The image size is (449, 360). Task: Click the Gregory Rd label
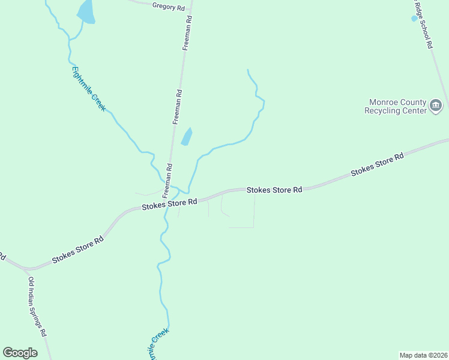click(x=169, y=6)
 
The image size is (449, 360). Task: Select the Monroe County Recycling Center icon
click(x=436, y=107)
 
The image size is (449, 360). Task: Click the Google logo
click(x=20, y=353)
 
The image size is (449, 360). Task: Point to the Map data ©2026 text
click(x=423, y=355)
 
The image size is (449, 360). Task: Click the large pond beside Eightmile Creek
click(x=86, y=12)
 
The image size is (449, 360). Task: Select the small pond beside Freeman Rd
click(x=187, y=137)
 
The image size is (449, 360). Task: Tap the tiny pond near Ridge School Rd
click(x=414, y=19)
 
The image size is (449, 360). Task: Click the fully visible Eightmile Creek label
click(x=89, y=88)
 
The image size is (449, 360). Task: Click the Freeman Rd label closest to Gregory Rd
click(x=187, y=33)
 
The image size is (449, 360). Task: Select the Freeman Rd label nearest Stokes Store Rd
click(x=170, y=178)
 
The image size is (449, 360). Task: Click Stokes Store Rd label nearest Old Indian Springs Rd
click(x=77, y=250)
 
